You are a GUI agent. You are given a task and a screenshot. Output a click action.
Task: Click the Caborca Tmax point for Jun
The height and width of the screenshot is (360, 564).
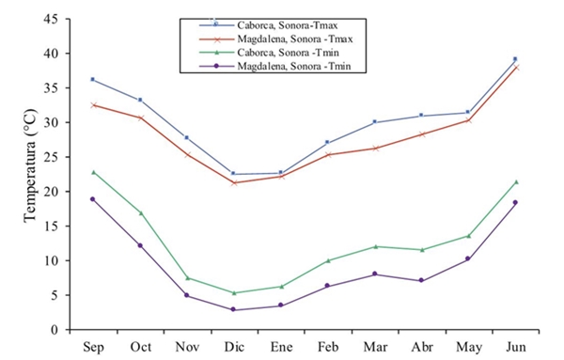point(515,58)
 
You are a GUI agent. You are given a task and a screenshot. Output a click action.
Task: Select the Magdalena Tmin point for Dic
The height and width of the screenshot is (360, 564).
point(232,309)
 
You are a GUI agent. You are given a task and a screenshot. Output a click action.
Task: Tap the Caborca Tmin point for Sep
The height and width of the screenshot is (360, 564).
point(92,172)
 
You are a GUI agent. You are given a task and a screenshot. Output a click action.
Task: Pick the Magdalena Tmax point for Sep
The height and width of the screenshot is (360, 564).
point(92,104)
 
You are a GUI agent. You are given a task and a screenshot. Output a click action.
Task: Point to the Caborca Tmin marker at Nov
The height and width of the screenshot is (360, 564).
point(187,277)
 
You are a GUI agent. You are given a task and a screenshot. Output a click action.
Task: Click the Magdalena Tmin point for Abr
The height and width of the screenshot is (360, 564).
point(421,280)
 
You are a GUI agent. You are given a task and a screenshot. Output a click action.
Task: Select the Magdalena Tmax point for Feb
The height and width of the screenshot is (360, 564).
point(327,154)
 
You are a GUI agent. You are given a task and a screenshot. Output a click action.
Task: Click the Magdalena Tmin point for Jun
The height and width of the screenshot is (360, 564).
point(515,202)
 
